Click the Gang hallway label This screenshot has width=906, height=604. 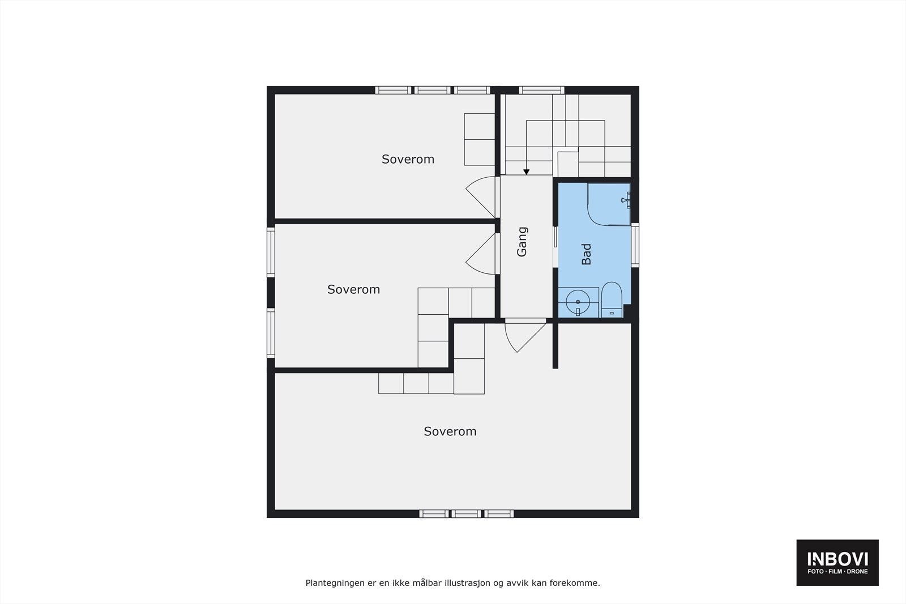pyautogui.click(x=522, y=242)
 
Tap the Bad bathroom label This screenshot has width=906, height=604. pyautogui.click(x=587, y=254)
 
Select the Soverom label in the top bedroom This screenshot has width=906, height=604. pyautogui.click(x=408, y=159)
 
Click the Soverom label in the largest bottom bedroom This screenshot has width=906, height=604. pyautogui.click(x=450, y=431)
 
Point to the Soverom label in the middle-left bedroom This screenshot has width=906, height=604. pyautogui.click(x=353, y=289)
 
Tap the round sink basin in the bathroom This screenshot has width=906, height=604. pyautogui.click(x=578, y=302)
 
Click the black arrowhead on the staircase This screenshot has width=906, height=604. pyautogui.click(x=527, y=172)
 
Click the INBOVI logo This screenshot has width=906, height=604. pyautogui.click(x=837, y=562)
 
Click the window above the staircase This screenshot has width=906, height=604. pyautogui.click(x=541, y=89)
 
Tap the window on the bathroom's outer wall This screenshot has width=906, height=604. pyautogui.click(x=635, y=245)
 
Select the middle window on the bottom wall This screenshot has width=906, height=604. pyautogui.click(x=467, y=514)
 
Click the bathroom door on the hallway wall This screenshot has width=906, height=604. pyautogui.click(x=555, y=245)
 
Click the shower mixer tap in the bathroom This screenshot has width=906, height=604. pyautogui.click(x=627, y=199)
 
